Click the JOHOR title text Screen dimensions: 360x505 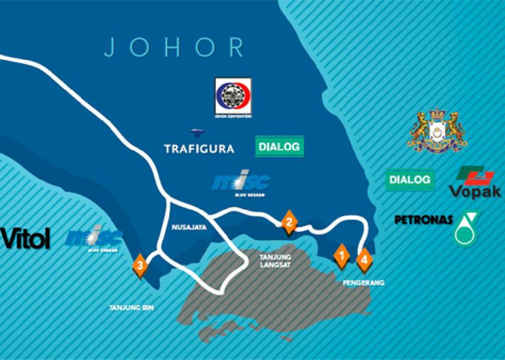click(174, 47)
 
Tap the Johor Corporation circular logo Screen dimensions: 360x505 click(233, 96)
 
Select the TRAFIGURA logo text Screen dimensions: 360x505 click(199, 148)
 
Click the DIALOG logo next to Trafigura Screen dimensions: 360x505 click(279, 146)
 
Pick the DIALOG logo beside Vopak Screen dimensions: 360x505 click(410, 179)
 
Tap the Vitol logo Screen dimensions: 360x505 click(25, 239)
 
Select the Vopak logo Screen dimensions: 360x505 click(475, 183)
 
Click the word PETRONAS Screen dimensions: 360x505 click(423, 220)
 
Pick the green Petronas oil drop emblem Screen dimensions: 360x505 click(468, 228)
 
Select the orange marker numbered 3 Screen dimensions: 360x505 click(140, 265)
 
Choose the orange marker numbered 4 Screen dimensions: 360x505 click(364, 260)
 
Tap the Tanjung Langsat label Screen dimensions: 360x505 click(274, 260)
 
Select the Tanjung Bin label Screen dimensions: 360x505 click(132, 307)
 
